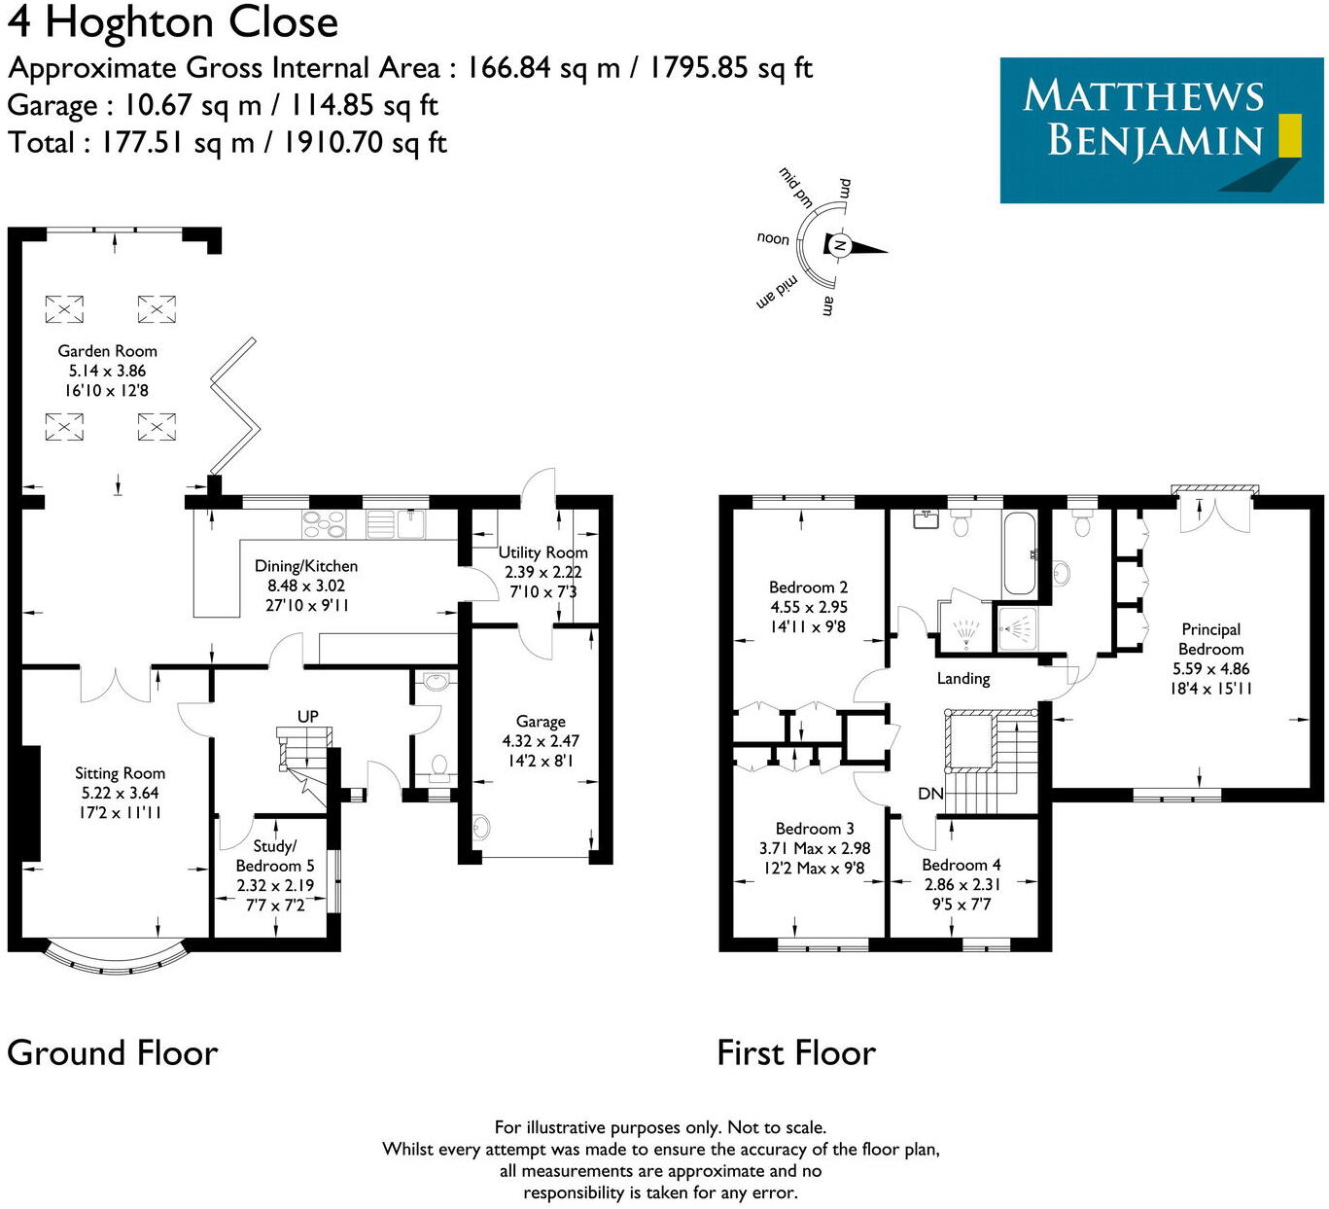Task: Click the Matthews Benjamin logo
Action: click(1161, 129)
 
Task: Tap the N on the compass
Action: click(839, 246)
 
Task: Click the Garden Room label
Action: click(107, 351)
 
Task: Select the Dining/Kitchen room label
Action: click(306, 566)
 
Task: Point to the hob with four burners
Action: click(324, 524)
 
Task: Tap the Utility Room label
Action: click(542, 552)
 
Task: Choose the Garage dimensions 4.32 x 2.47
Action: click(541, 741)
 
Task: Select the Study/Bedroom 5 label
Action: click(275, 856)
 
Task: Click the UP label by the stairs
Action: click(307, 717)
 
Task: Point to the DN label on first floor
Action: click(930, 794)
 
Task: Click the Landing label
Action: click(963, 679)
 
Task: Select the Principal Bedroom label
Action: click(1210, 639)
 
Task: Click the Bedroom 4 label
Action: click(961, 865)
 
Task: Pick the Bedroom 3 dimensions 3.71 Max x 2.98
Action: click(815, 848)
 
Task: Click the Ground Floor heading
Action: click(113, 1053)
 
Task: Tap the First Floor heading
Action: click(796, 1053)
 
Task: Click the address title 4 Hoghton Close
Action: click(173, 22)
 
